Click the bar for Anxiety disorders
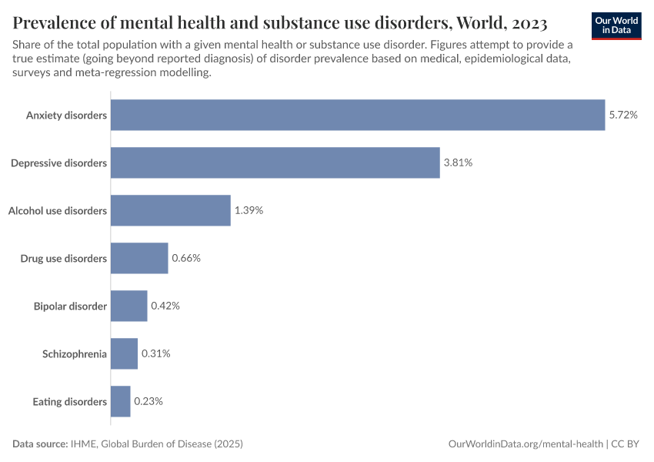click(358, 115)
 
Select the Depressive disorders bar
click(275, 162)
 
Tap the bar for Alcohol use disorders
click(170, 210)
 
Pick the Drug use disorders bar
click(139, 258)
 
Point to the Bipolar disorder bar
click(128, 306)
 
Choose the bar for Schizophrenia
click(124, 353)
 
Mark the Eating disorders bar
click(121, 401)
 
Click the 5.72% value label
click(623, 115)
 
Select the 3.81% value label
click(458, 162)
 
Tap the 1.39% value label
click(249, 210)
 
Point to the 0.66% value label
click(186, 258)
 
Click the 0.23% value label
click(148, 401)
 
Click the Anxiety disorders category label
click(66, 115)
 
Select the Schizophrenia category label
click(75, 353)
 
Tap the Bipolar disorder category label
click(70, 306)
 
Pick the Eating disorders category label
click(69, 401)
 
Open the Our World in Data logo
click(616, 25)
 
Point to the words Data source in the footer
click(39, 444)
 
